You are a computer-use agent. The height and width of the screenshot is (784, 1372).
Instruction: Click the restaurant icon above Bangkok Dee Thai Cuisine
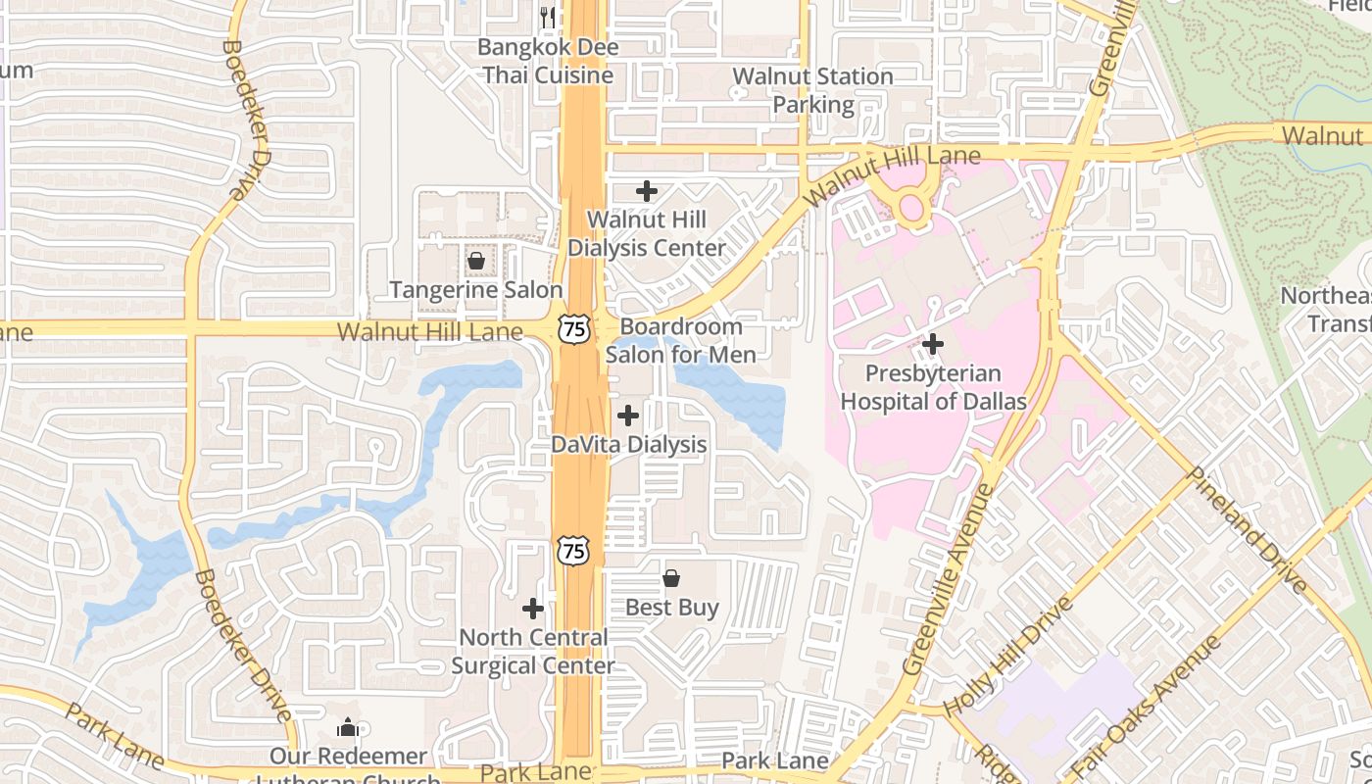click(548, 17)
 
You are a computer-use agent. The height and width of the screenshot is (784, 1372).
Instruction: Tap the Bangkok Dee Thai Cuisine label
click(547, 61)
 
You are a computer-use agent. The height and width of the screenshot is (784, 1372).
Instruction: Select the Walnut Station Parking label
click(812, 89)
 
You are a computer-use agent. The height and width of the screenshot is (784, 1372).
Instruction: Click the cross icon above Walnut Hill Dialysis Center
click(647, 191)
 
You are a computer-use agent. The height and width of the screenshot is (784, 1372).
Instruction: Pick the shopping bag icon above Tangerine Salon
click(476, 261)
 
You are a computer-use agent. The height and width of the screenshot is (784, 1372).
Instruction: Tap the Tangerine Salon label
click(476, 290)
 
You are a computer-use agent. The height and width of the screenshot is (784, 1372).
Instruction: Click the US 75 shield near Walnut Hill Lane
click(574, 328)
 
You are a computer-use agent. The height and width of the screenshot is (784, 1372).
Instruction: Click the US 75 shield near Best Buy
click(574, 550)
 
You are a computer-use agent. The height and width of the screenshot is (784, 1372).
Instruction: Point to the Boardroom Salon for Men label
click(681, 340)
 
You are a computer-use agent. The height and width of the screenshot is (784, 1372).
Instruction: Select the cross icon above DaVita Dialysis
click(628, 416)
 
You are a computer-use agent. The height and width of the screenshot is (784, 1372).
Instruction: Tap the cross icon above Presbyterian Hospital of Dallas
click(933, 344)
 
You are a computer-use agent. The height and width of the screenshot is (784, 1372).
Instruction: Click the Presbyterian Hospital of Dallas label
click(933, 387)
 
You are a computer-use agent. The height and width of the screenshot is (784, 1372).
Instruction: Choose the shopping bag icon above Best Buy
click(671, 578)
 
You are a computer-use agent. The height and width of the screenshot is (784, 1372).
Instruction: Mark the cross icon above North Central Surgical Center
click(533, 609)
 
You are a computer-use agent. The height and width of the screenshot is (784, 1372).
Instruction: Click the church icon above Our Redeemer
click(348, 727)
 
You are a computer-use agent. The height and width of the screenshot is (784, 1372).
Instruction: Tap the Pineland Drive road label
click(1247, 529)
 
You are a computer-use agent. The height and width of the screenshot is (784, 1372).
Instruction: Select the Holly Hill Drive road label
click(1008, 655)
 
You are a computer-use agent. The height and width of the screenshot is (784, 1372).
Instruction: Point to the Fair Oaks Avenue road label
click(1145, 706)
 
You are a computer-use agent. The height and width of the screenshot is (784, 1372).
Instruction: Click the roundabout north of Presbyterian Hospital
click(912, 207)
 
